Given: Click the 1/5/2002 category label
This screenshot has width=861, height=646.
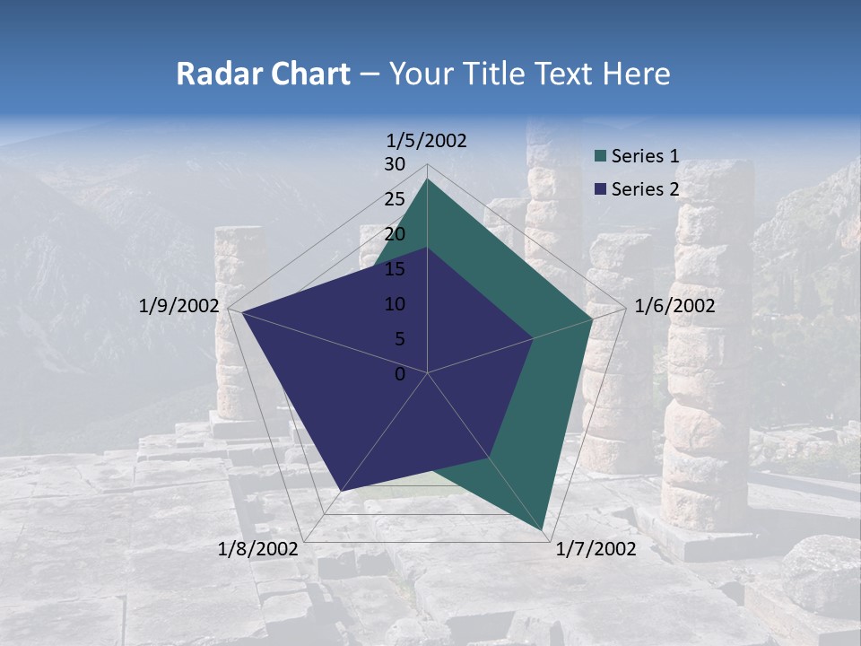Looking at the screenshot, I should [427, 140].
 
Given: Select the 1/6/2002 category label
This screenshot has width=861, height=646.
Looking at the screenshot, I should [674, 306].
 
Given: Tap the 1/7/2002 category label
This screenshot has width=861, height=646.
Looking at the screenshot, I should [596, 549].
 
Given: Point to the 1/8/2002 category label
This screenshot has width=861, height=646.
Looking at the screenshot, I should [258, 549].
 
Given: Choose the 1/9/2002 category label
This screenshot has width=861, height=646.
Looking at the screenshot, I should [179, 306].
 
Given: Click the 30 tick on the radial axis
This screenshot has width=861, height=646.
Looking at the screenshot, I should [395, 164].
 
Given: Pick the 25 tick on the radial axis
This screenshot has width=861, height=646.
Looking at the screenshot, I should [395, 199].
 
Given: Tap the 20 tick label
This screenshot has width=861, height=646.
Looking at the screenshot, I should [395, 234].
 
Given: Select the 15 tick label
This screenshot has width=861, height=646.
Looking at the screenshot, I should [395, 269].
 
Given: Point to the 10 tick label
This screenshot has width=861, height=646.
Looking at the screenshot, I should [395, 304].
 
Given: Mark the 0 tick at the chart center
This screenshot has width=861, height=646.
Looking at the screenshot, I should [400, 374].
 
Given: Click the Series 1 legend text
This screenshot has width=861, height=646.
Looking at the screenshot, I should [645, 156].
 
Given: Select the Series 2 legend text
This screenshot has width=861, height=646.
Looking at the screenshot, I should [645, 189].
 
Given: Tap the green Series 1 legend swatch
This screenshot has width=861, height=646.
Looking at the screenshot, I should [601, 157].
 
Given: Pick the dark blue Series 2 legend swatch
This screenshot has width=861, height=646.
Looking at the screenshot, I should [601, 189].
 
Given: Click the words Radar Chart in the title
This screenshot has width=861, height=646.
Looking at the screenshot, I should [263, 74].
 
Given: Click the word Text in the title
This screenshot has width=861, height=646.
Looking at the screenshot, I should [568, 74].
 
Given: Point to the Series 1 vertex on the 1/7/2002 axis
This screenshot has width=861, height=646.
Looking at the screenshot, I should [543, 530].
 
